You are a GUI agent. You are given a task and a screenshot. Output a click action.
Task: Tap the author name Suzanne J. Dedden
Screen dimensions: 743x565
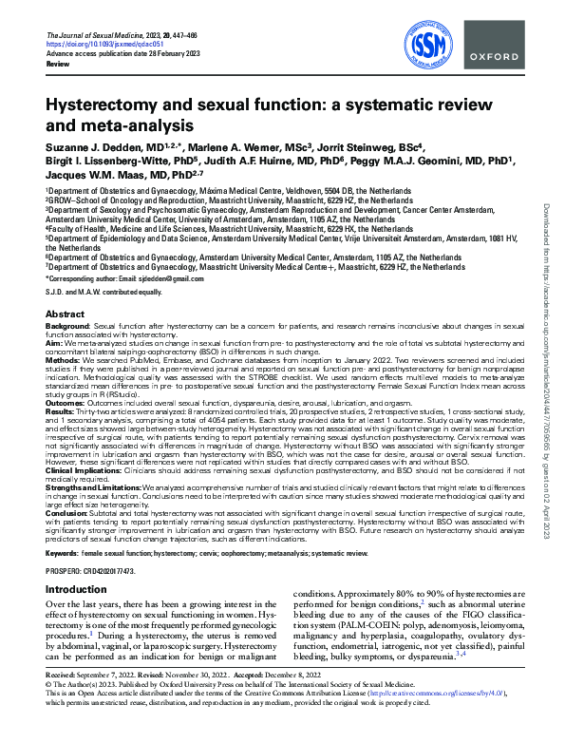click(x=92, y=149)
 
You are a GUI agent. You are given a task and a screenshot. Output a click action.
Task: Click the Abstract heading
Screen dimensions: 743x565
click(x=65, y=314)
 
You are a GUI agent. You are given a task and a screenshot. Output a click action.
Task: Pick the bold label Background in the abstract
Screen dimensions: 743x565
click(x=67, y=325)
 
